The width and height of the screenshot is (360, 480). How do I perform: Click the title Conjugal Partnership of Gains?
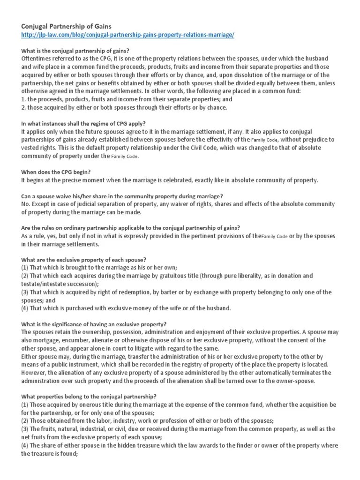(65, 27)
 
